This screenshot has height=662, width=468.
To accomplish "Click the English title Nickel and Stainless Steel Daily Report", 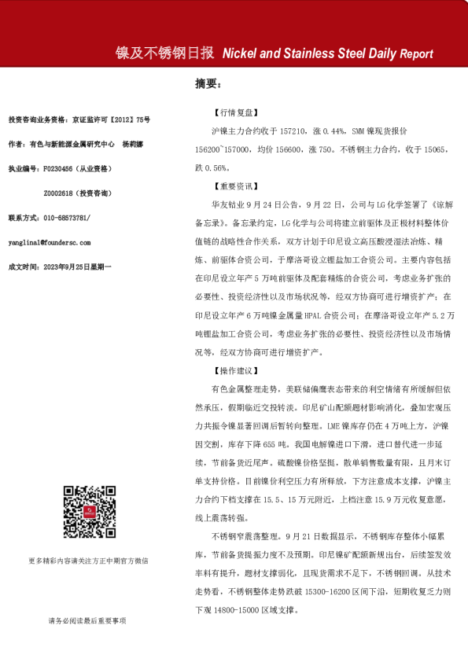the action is (x=327, y=54).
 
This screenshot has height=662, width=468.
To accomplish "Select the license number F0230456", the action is (x=59, y=168).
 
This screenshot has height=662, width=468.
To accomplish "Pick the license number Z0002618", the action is (x=60, y=193).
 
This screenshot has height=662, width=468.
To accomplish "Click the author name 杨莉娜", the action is (x=134, y=144).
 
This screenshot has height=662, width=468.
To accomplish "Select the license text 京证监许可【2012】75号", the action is (x=109, y=120).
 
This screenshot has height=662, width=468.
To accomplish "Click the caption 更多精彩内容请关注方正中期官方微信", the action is (x=88, y=561).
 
